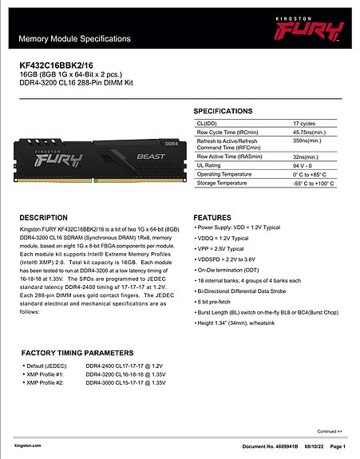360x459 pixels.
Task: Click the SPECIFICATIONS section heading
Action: point(228,110)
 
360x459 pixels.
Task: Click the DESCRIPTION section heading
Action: point(49,217)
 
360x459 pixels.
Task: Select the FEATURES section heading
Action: point(218,217)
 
